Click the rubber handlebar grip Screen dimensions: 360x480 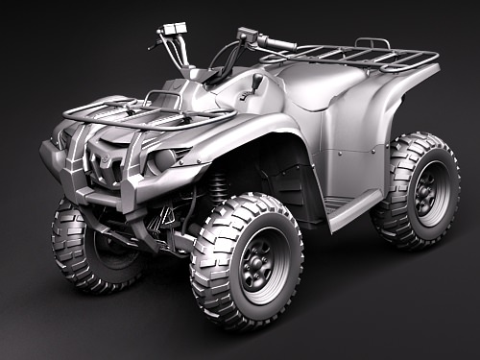[x=278, y=43]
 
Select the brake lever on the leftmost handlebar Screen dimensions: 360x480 [x=156, y=42]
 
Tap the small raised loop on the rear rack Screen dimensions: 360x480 [x=372, y=42]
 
